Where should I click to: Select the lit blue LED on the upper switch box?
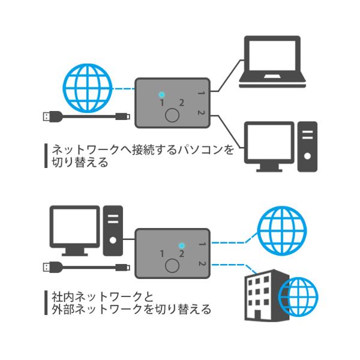pyautogui.click(x=162, y=95)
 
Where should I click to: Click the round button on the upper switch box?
pyautogui.click(x=173, y=115)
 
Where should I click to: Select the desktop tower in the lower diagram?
pyautogui.click(x=113, y=230)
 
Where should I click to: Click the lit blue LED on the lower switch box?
pyautogui.click(x=181, y=245)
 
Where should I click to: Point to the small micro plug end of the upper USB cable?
pyautogui.click(x=124, y=116)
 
